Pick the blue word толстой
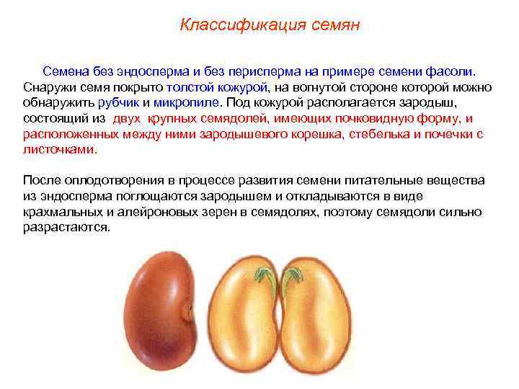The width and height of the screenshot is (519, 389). [190, 87]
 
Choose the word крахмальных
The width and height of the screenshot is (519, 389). [60, 211]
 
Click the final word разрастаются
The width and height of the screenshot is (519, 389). [66, 227]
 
